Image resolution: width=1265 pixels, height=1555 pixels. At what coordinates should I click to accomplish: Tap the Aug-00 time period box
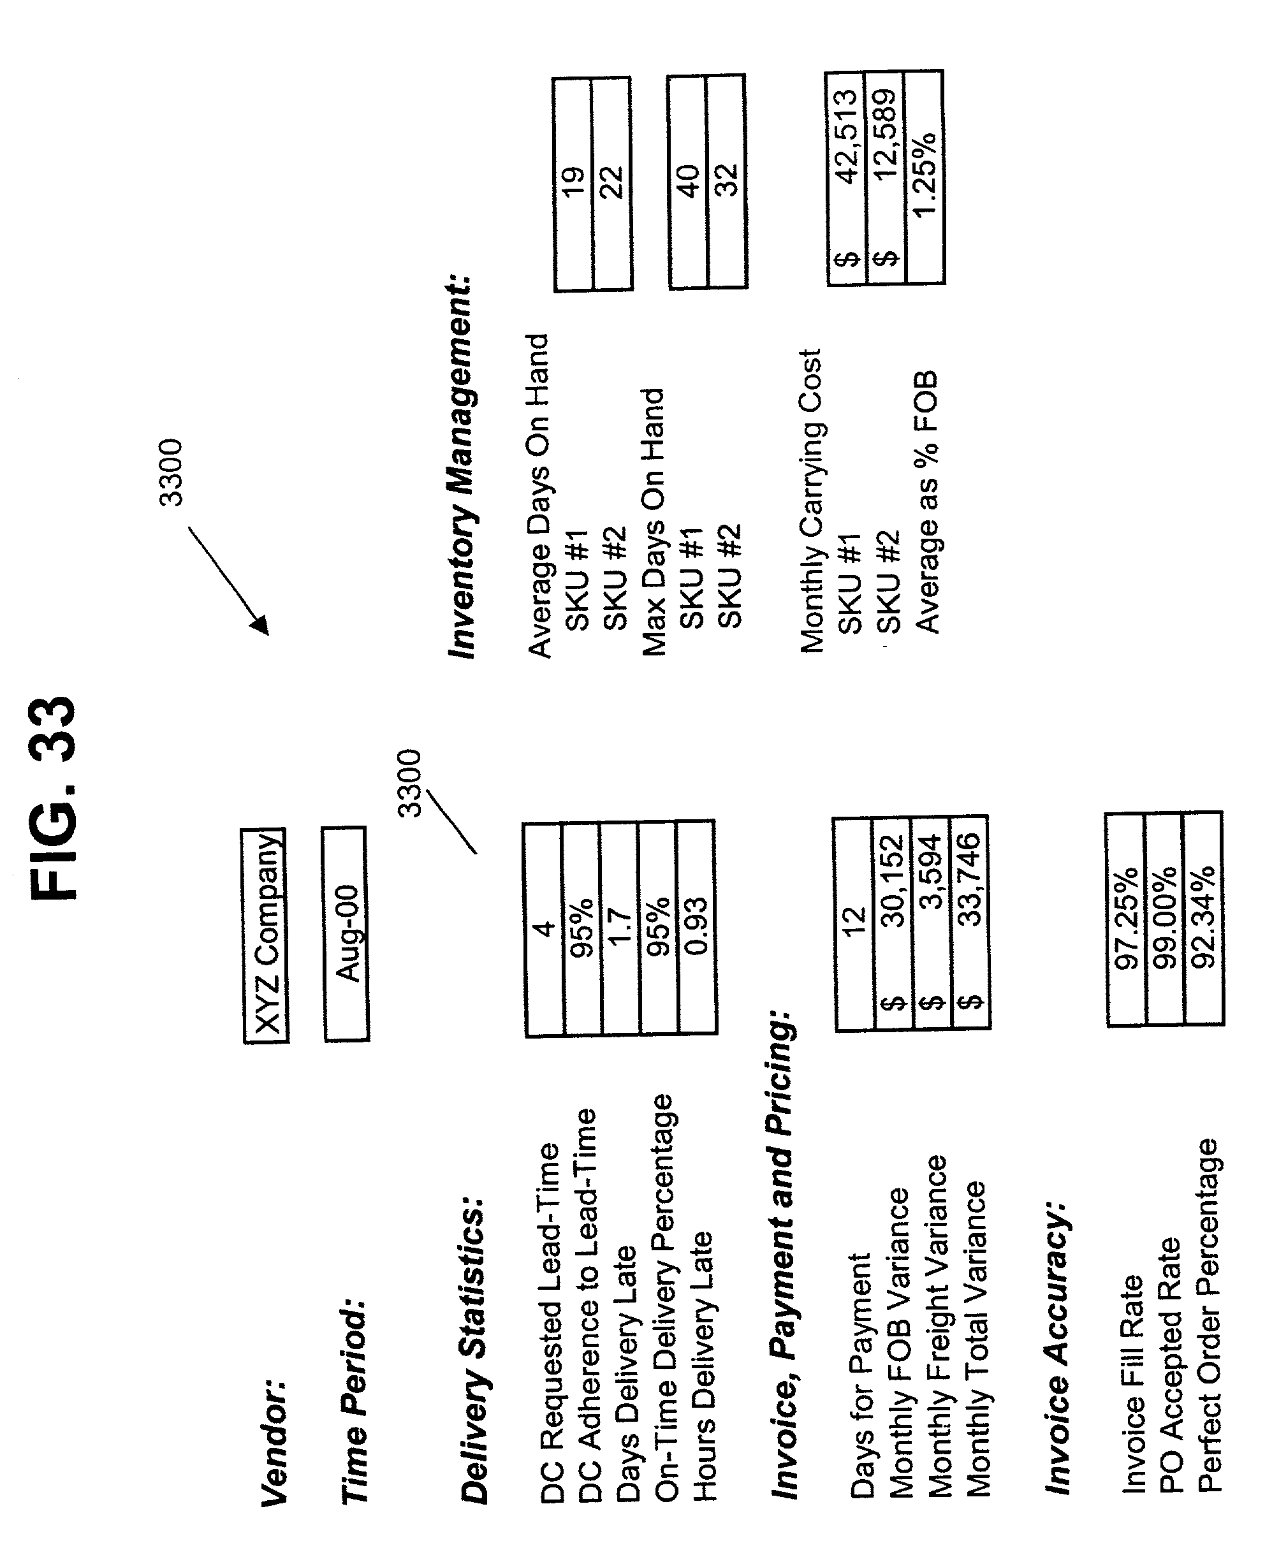coord(346,933)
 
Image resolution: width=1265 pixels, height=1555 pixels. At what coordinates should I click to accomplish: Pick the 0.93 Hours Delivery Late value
coord(697,927)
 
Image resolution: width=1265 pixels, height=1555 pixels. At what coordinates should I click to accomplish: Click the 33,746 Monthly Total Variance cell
coord(970,921)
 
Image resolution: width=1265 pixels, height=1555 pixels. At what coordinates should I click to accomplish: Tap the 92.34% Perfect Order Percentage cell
coord(1203,917)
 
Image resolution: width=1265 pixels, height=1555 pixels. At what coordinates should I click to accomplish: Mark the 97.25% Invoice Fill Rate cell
coord(1126,919)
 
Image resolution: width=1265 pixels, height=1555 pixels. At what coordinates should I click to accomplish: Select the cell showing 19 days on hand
coord(573,184)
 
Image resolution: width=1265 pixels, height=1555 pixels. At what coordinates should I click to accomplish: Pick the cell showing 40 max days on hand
coord(688,182)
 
